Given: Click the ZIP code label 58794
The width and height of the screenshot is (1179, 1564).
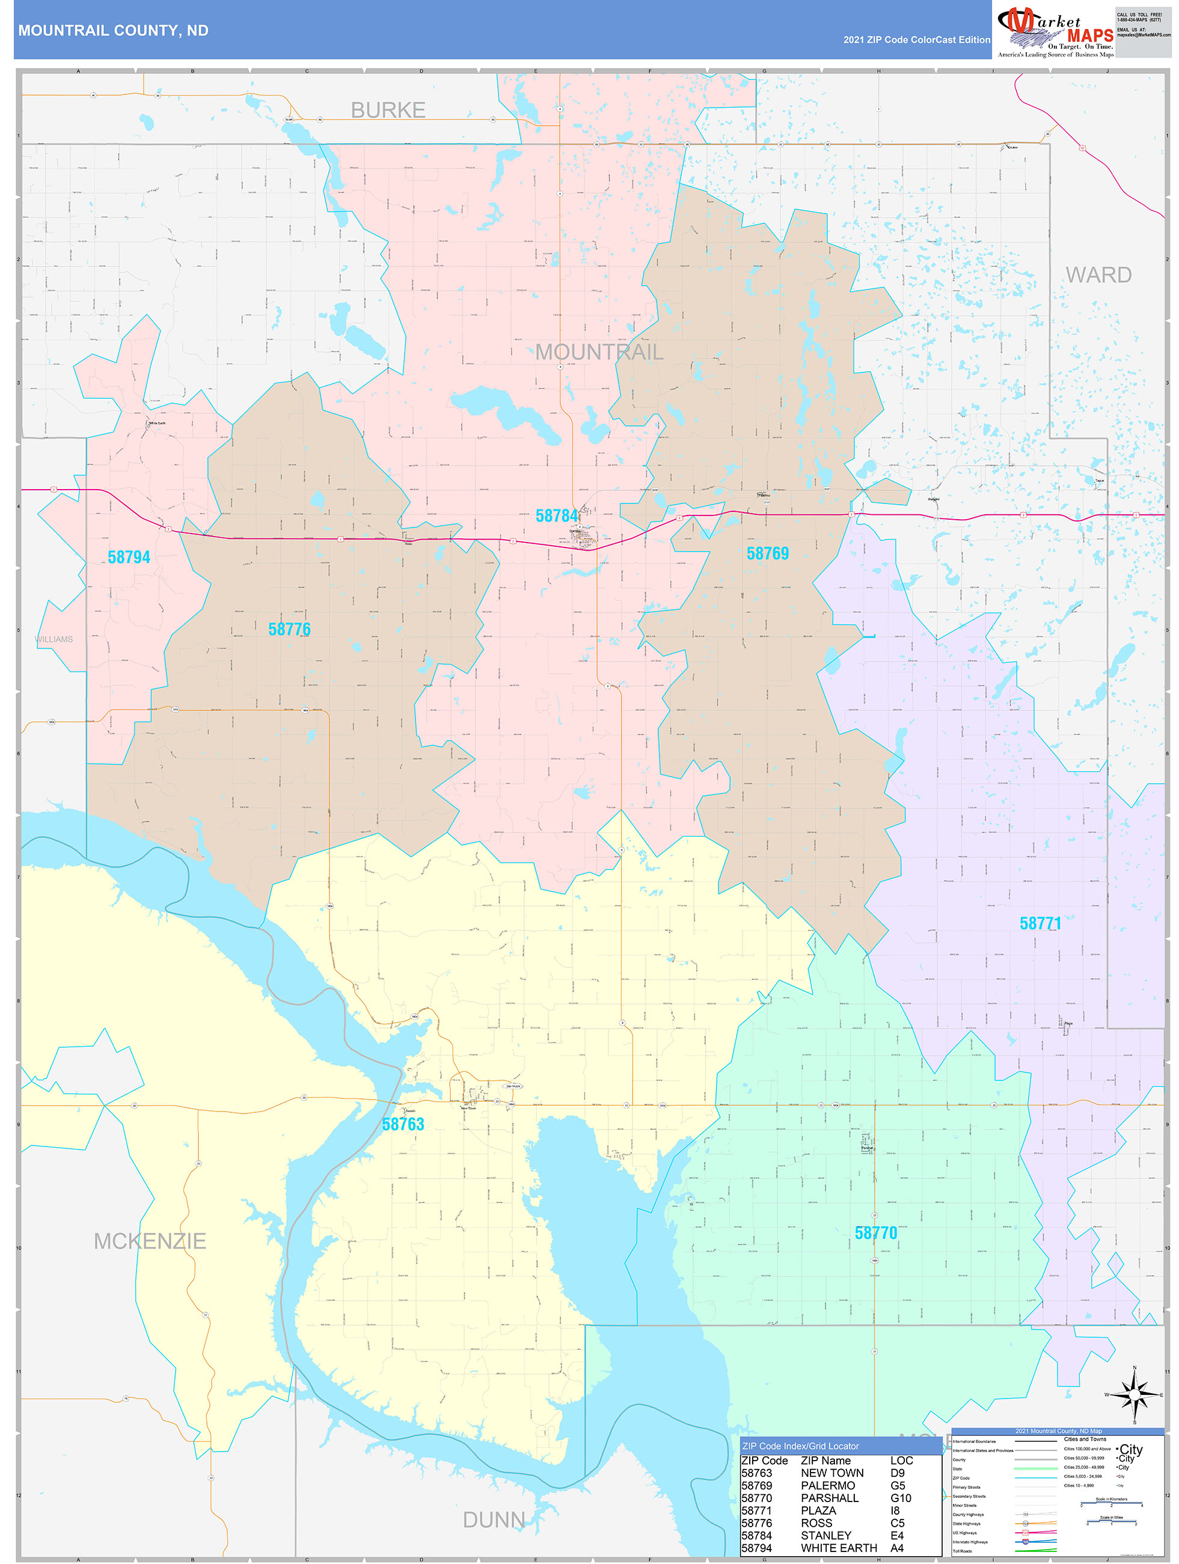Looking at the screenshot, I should (129, 557).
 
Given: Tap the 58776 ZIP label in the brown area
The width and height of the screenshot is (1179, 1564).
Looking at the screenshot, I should (289, 629).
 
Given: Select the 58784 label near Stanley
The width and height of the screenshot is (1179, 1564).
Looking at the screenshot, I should (556, 516).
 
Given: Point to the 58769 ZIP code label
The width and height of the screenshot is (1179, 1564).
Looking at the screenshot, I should (768, 553).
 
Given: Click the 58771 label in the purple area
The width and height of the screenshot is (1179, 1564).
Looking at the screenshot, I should (1040, 923).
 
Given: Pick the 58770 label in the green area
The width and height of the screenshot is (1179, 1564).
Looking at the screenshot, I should (876, 1233).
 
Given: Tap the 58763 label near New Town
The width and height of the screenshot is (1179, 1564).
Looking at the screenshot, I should (403, 1124).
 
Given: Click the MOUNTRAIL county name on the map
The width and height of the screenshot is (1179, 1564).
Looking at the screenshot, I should (599, 352).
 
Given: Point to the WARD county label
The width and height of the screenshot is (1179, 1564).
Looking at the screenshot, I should (1098, 275).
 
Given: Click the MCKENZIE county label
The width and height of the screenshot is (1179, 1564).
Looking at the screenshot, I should (150, 1241).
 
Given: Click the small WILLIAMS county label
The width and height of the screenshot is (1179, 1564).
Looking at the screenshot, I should (54, 639).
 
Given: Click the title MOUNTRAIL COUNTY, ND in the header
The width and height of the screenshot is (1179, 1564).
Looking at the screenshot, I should (113, 31).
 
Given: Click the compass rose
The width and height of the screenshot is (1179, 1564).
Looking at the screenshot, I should (1135, 1394).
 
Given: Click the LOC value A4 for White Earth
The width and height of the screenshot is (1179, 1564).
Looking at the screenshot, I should (896, 1548).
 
